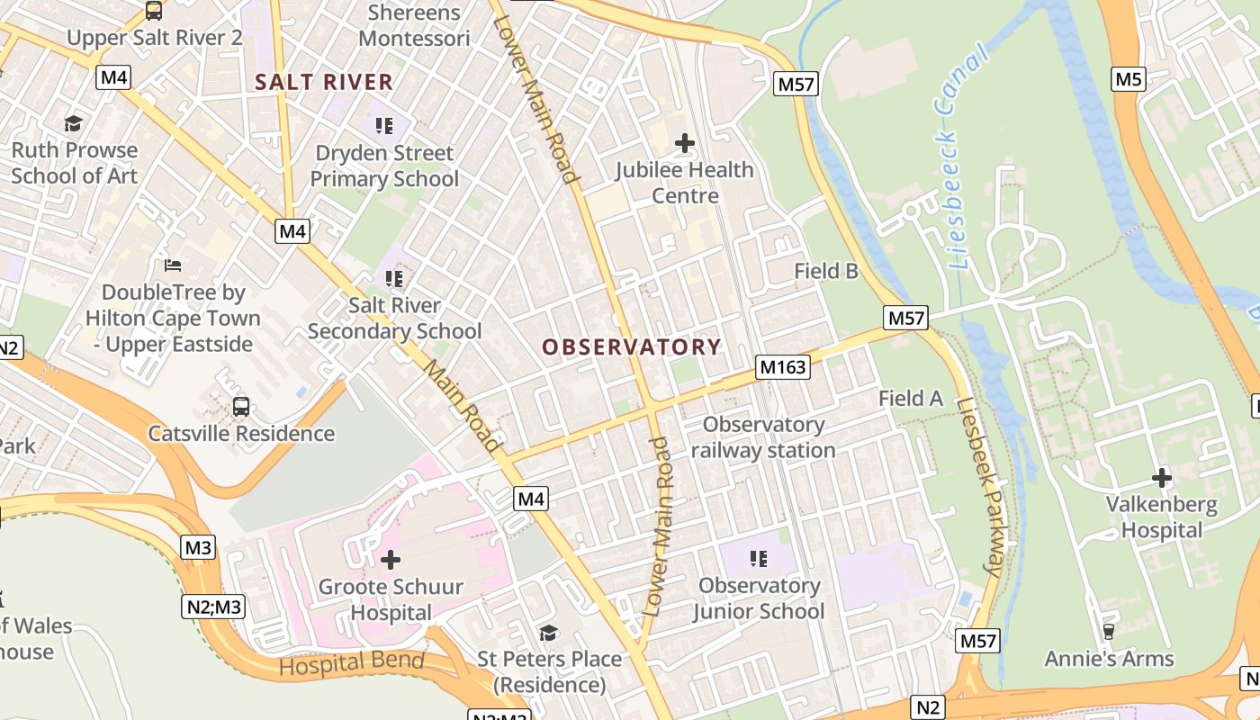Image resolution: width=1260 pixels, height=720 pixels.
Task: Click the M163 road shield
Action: point(783,367)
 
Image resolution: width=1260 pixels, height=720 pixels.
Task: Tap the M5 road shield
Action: point(1129,79)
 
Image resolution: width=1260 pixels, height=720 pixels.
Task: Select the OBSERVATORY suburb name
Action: point(632,347)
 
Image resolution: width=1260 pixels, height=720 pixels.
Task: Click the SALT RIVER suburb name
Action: point(324,82)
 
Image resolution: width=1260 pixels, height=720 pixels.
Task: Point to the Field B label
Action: point(826,271)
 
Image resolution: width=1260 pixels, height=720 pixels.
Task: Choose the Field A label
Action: point(911,398)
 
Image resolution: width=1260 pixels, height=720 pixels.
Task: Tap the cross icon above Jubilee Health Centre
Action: point(685,142)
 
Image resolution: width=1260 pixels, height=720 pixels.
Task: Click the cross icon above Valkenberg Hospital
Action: point(1162,477)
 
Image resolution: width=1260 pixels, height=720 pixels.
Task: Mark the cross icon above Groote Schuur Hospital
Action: point(391,561)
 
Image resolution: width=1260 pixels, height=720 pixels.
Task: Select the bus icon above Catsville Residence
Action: point(241,406)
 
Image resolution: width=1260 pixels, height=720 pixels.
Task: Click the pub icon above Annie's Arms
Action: point(1109,632)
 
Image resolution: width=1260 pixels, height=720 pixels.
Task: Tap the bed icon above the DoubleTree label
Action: point(173,265)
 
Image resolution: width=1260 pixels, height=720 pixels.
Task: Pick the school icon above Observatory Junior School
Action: point(759,559)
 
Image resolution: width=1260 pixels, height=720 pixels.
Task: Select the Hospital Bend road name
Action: point(351,664)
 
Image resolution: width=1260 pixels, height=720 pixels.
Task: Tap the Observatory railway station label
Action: point(763,437)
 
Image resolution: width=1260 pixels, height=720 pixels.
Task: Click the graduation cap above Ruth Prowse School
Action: point(74,123)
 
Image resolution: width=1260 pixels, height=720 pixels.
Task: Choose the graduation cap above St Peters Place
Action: point(548,633)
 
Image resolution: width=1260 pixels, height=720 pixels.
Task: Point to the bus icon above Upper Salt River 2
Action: point(154,11)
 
